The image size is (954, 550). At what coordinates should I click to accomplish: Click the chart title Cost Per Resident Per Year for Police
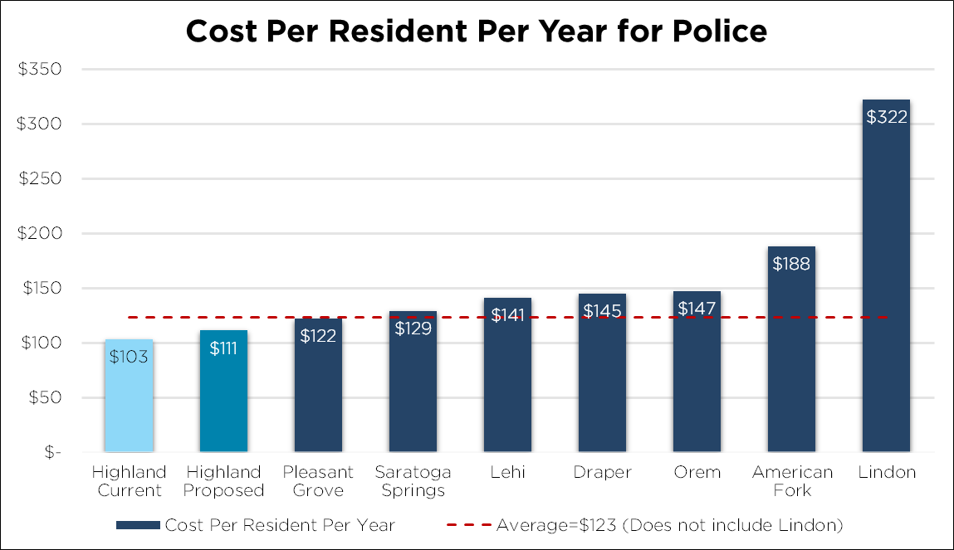476,31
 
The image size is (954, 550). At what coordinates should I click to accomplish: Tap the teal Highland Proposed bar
223,398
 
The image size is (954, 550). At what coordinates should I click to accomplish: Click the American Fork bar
791,357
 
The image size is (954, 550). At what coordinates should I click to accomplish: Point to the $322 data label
887,117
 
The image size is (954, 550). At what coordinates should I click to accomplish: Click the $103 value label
129,358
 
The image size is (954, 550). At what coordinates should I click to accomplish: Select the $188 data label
791,264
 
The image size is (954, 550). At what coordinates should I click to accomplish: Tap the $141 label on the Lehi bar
507,315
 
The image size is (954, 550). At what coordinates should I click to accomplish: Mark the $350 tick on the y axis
41,69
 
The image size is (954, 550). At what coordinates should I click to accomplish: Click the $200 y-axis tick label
41,233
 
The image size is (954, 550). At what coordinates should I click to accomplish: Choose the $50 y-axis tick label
45,397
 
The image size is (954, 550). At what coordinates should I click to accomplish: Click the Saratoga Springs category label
413,481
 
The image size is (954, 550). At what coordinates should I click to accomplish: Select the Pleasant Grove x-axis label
318,481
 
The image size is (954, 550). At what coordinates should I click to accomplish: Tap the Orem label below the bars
697,472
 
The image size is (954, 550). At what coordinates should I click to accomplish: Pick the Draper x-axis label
602,472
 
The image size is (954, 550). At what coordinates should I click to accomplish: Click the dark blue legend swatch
138,525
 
